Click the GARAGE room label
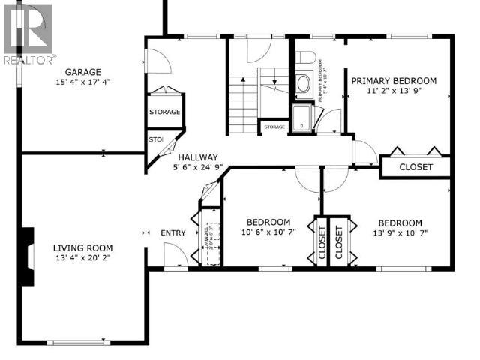pyautogui.click(x=82, y=73)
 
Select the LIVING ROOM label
pyautogui.click(x=82, y=248)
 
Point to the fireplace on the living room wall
pyautogui.click(x=27, y=257)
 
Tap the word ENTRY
pyautogui.click(x=173, y=232)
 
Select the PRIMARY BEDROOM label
pyautogui.click(x=394, y=81)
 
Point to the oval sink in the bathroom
pyautogui.click(x=304, y=83)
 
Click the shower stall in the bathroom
pyautogui.click(x=301, y=118)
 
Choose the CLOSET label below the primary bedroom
pyautogui.click(x=415, y=166)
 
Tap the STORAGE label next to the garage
pyautogui.click(x=164, y=112)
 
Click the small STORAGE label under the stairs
pyautogui.click(x=274, y=127)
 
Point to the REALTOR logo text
pyautogui.click(x=28, y=58)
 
